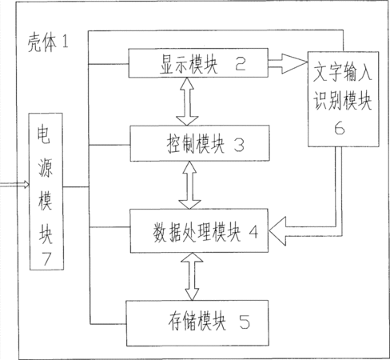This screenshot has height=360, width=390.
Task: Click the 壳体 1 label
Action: [x=48, y=42]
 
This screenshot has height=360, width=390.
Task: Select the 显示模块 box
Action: [x=198, y=63]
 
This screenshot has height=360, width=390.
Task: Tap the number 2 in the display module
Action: [x=241, y=64]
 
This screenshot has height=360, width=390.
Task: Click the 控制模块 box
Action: [x=200, y=143]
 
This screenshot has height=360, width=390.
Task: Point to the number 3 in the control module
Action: [x=239, y=146]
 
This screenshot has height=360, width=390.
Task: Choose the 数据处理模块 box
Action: [x=199, y=230]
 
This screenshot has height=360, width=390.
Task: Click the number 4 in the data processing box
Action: [x=253, y=232]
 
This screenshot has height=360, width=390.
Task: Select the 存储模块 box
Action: [x=197, y=323]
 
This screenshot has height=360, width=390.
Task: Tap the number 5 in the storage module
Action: [x=245, y=322]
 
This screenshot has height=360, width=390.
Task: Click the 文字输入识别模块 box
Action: [x=344, y=99]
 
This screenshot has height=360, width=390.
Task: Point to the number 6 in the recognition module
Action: [x=340, y=128]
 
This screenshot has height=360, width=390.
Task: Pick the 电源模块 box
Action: [x=46, y=191]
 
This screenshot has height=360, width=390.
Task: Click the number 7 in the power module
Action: [x=46, y=258]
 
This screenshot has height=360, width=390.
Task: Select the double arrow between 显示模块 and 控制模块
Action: [x=187, y=102]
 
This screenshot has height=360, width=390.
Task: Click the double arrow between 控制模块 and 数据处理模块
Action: [x=189, y=185]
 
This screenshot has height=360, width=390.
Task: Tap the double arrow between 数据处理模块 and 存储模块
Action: [x=193, y=277]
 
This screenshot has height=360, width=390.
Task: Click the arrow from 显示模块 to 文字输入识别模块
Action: [x=288, y=63]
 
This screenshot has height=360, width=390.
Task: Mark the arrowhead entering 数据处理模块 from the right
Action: [x=278, y=231]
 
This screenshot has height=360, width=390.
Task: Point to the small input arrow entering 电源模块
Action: [x=14, y=184]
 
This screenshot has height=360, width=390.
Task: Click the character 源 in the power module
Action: [x=46, y=168]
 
